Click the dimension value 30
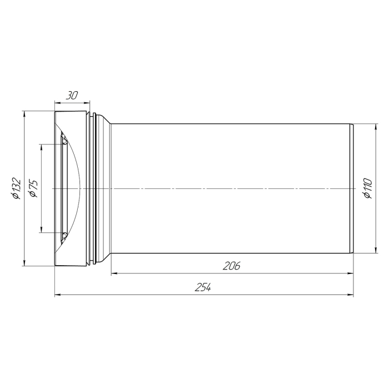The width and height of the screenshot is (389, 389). click(x=72, y=95)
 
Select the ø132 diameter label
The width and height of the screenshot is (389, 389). click(x=16, y=188)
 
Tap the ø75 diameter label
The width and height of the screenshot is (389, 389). click(x=33, y=188)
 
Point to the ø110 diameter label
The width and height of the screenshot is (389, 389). click(x=368, y=188)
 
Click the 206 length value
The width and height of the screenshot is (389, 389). click(x=232, y=266)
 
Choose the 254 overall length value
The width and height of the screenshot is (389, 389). click(x=203, y=287)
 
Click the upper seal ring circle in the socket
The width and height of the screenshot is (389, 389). click(x=64, y=142)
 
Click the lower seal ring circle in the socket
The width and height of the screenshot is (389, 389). click(x=64, y=235)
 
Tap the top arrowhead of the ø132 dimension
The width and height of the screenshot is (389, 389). click(x=24, y=114)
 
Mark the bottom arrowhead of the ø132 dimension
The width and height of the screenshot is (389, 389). click(x=24, y=263)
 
